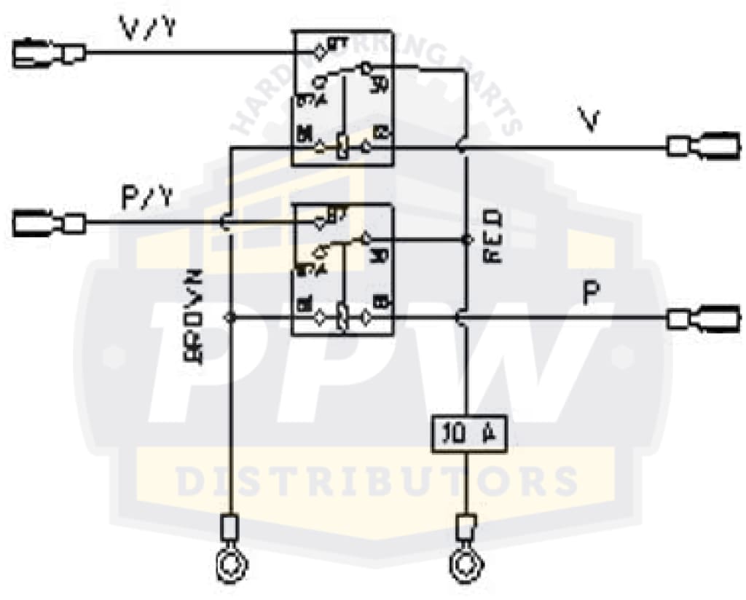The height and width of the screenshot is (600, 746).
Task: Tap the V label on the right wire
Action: pos(592,119)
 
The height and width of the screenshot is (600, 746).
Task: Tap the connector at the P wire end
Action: pos(704,318)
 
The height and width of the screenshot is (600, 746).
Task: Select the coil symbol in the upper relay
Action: pos(341,148)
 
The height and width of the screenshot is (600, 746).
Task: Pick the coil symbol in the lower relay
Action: pos(342,318)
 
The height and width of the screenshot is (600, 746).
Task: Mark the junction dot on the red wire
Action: pos(465,239)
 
